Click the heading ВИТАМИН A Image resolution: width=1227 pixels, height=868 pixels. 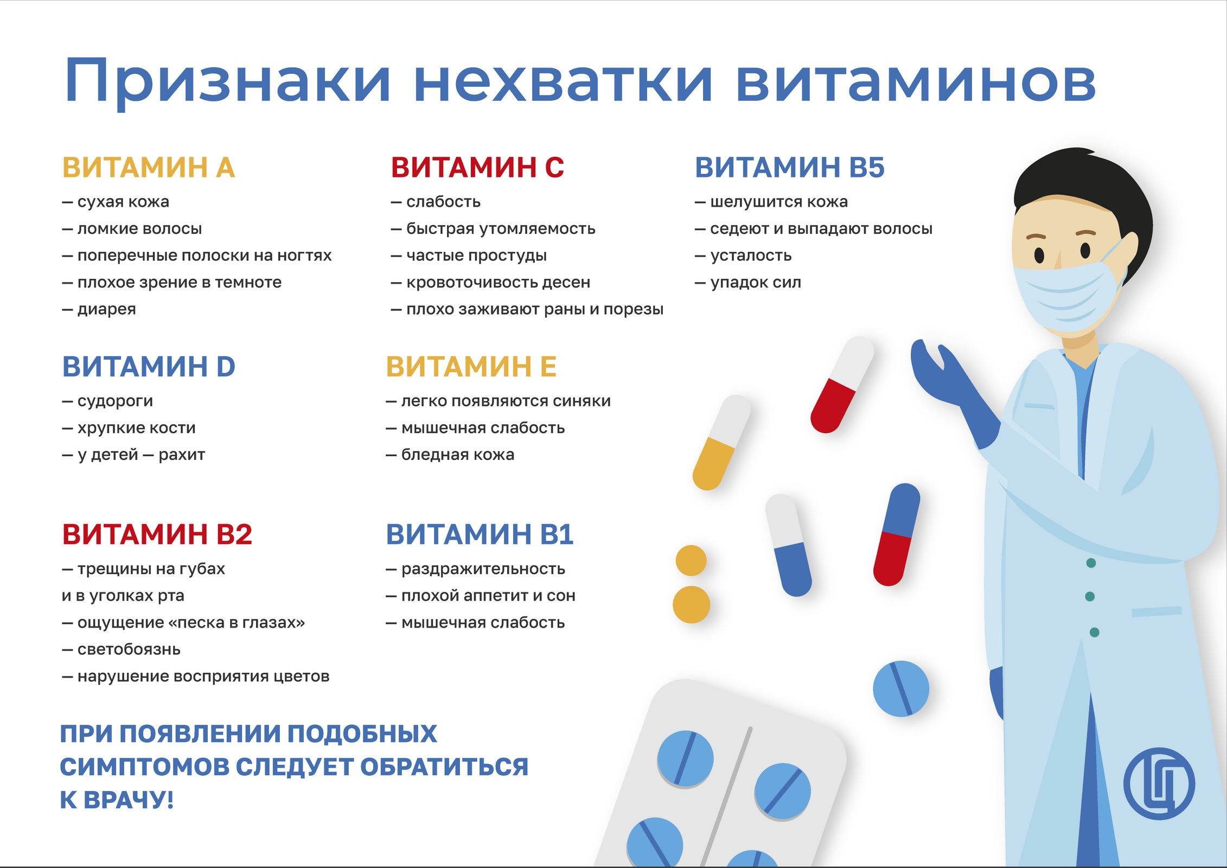tap(149, 167)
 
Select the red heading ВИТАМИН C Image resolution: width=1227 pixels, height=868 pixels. tap(477, 167)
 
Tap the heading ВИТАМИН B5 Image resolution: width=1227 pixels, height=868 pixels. tap(789, 167)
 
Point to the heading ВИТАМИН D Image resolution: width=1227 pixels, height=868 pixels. tap(149, 367)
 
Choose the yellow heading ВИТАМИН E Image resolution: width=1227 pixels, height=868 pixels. tap(471, 367)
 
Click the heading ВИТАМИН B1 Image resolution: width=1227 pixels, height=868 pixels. tap(480, 534)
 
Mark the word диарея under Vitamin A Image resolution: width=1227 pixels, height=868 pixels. tap(106, 310)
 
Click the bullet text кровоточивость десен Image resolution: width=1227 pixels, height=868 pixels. tap(498, 283)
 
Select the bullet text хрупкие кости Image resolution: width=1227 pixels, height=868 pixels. tap(136, 428)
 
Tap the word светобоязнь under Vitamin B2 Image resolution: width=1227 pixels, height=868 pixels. tap(129, 649)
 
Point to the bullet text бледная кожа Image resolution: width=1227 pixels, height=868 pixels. tap(457, 455)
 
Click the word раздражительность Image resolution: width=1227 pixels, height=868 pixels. tap(483, 569)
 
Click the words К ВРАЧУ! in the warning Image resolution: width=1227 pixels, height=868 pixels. tap(117, 800)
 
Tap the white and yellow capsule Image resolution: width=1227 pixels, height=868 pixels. tap(722, 442)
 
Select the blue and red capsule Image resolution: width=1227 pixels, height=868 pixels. tap(897, 534)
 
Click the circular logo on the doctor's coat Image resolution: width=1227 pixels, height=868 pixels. tap(1159, 783)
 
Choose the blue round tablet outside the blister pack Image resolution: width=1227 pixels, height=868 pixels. tap(901, 688)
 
